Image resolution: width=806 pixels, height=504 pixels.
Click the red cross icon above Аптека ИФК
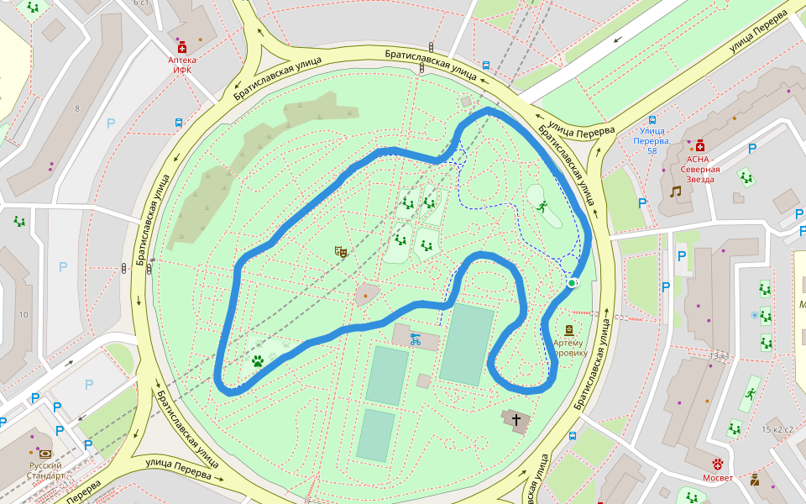click(x=182, y=49)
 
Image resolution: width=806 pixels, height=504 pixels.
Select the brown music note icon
click(x=675, y=192)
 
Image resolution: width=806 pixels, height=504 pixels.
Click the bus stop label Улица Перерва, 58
click(x=652, y=135)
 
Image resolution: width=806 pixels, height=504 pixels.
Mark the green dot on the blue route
click(x=572, y=283)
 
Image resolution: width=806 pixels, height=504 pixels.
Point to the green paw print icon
click(x=258, y=361)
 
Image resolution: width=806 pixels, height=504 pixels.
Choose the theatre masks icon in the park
click(x=341, y=250)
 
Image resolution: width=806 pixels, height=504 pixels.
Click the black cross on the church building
click(x=516, y=418)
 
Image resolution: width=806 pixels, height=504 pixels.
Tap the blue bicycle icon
click(x=415, y=339)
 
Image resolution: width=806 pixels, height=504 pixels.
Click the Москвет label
click(x=718, y=478)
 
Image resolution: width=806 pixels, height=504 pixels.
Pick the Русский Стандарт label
click(x=46, y=470)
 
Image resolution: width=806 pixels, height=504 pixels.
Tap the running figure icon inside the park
click(x=542, y=205)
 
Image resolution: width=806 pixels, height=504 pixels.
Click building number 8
click(x=76, y=108)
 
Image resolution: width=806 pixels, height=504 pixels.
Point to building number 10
click(x=24, y=314)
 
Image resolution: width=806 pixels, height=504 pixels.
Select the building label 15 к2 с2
click(x=777, y=429)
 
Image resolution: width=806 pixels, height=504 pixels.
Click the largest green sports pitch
click(x=466, y=345)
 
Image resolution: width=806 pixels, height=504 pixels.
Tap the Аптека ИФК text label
click(x=182, y=65)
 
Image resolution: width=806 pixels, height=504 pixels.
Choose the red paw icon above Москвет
click(x=718, y=463)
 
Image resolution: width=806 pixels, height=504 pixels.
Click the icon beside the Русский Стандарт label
click(x=44, y=454)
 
